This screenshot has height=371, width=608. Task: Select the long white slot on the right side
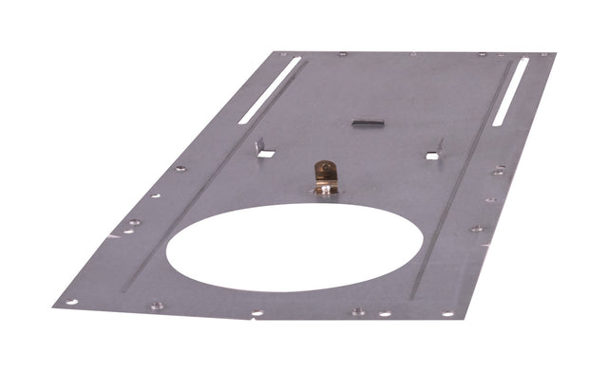pos(511,92)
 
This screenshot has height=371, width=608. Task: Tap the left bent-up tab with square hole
pos(262,148)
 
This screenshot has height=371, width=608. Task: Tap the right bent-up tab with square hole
pos(435,150)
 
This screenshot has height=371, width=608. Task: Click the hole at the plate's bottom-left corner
pos(70,302)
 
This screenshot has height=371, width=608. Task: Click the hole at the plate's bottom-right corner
pos(446,314)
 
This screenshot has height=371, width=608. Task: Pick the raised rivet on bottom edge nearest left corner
pos(156,306)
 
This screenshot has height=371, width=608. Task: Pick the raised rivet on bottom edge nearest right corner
pos(357,310)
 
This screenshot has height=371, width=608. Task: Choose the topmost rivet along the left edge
pos(180,169)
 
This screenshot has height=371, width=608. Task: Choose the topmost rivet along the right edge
pos(499,171)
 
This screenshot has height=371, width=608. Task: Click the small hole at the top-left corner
pos(281,54)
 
